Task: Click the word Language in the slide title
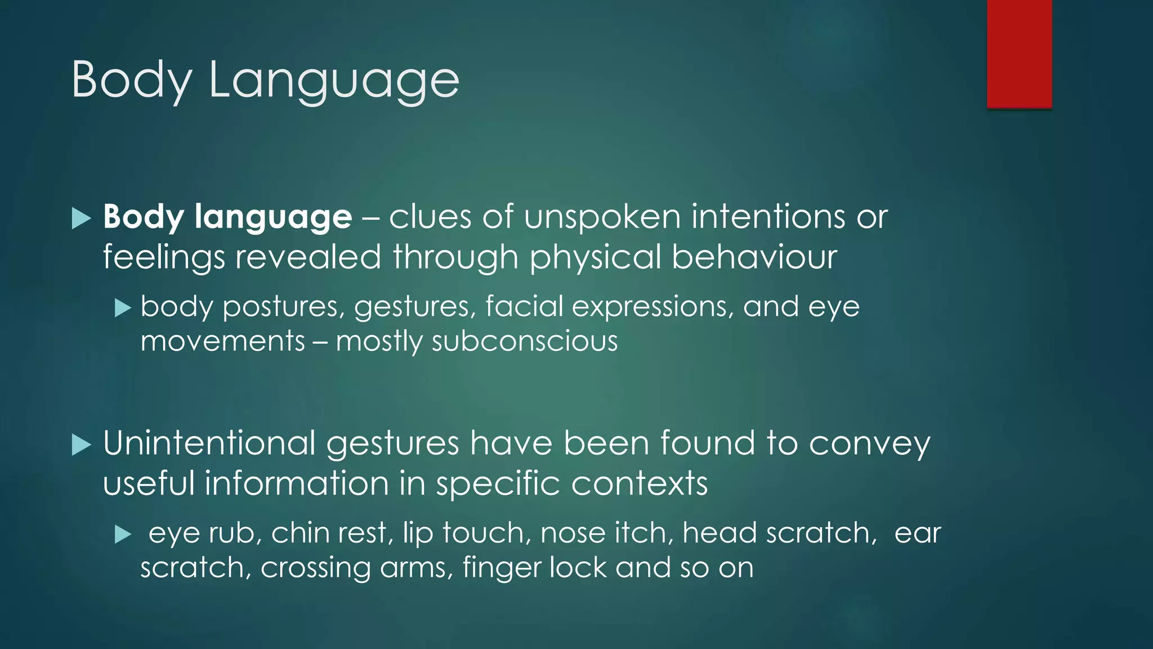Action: point(334,80)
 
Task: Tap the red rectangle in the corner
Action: point(1019,54)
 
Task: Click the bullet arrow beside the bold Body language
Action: point(82,218)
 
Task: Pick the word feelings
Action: point(164,257)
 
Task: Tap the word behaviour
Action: point(754,257)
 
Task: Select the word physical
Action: point(595,257)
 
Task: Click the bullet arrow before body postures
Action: point(123,308)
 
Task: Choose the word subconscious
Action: point(524,341)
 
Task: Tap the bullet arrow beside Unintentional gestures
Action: point(82,445)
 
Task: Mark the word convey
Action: point(869,444)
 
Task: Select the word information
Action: point(296,483)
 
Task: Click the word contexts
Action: point(639,483)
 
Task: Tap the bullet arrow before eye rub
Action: point(123,534)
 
